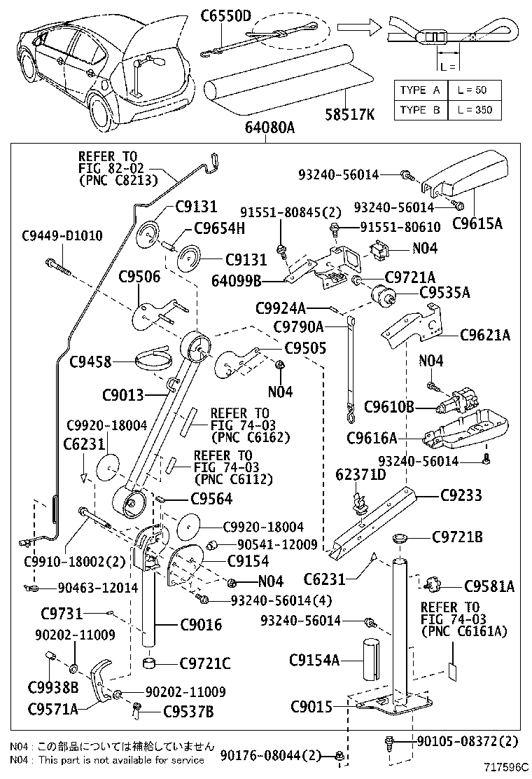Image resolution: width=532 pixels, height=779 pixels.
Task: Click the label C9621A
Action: point(485,336)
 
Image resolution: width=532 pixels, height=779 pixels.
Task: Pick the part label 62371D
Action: point(360,475)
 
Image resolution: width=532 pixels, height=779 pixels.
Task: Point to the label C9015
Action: point(311,707)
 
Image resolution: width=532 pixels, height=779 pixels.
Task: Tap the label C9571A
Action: point(52,708)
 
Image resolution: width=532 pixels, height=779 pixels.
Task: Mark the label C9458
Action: point(91,361)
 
